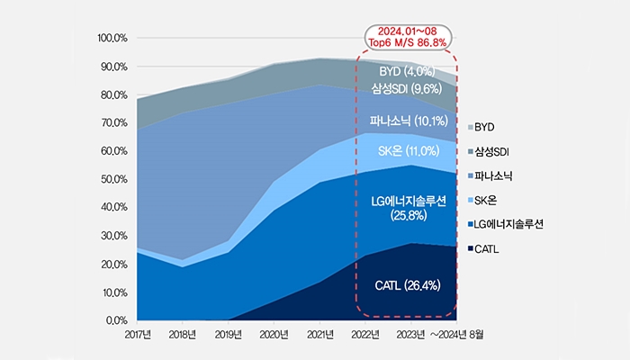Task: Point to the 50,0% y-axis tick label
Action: point(113,179)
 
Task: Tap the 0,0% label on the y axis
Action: point(116,320)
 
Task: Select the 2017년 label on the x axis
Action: point(136,336)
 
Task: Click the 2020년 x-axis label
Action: point(274,336)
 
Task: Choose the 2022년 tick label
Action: point(365,336)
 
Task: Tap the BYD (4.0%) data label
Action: point(407,71)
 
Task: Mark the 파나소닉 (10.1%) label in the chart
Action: point(407,121)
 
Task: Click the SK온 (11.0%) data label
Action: point(407,150)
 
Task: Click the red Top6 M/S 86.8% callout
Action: point(407,37)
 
